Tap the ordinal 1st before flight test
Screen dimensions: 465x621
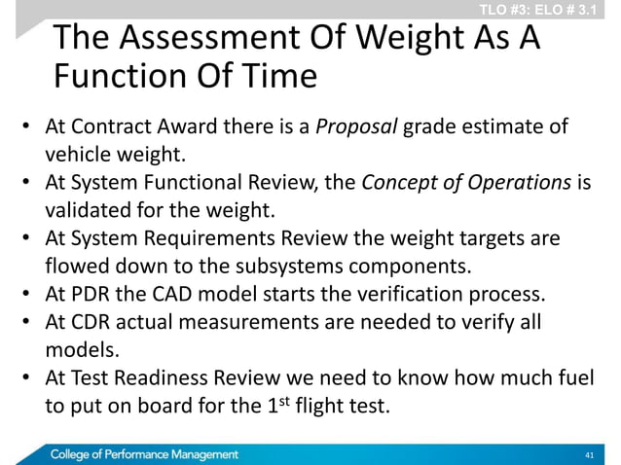point(276,404)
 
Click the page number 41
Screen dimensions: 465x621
point(587,454)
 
